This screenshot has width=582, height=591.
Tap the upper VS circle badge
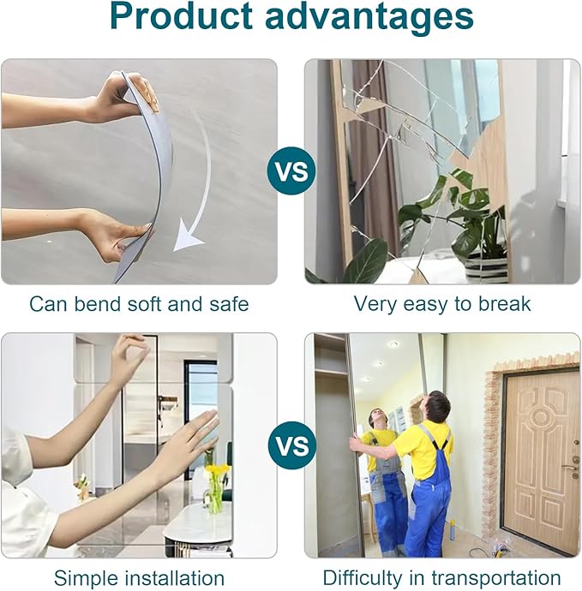coord(291,170)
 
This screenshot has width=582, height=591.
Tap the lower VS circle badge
coord(291,446)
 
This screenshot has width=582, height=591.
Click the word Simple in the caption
coord(86,578)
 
